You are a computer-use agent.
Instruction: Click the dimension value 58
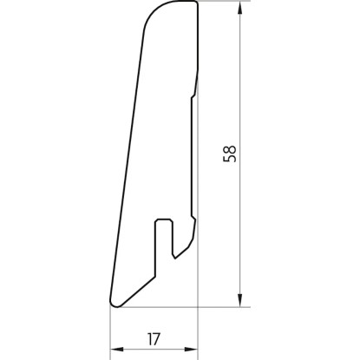230,154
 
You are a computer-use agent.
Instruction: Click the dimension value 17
154,339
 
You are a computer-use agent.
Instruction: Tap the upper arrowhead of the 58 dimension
239,8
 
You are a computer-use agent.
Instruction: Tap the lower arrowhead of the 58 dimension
239,300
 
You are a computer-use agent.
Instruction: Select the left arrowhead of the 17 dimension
117,350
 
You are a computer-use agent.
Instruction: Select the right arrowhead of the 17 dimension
191,350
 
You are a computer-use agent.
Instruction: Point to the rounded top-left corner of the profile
154,10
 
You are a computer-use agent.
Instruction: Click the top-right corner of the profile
198,3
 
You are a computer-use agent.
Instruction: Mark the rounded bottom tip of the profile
115,304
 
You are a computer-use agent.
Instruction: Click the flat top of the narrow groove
164,219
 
